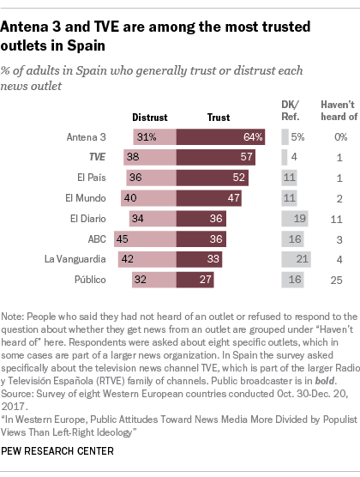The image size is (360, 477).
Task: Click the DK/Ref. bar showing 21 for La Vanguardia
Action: pos(296,258)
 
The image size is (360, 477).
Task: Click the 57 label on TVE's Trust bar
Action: pos(243,156)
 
